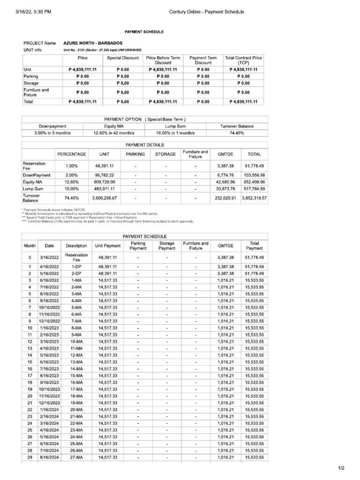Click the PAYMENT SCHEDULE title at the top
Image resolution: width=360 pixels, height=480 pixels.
(144, 31)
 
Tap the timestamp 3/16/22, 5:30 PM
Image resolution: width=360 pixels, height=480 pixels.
(30, 12)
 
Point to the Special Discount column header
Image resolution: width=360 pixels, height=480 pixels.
(123, 58)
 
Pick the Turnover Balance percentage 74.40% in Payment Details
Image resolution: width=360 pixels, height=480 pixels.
(71, 198)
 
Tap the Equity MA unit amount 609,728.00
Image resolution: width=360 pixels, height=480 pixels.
(108, 182)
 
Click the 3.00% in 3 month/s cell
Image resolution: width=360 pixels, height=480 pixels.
(52, 133)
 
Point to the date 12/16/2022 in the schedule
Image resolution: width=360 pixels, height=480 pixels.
(49, 321)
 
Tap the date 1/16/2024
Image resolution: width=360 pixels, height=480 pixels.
(49, 410)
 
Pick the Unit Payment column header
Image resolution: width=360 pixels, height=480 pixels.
(108, 246)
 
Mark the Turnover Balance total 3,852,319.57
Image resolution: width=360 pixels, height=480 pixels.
(254, 198)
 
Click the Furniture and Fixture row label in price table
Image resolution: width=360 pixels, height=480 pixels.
(37, 92)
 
